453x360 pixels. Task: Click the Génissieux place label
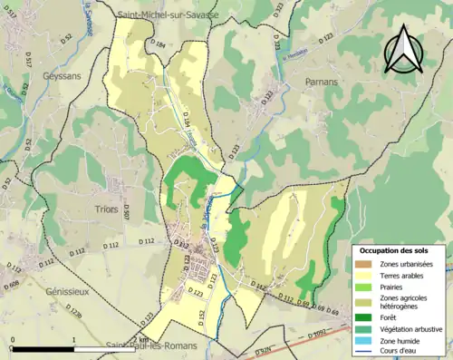click(x=70, y=293)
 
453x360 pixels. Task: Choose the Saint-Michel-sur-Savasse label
click(x=167, y=15)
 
